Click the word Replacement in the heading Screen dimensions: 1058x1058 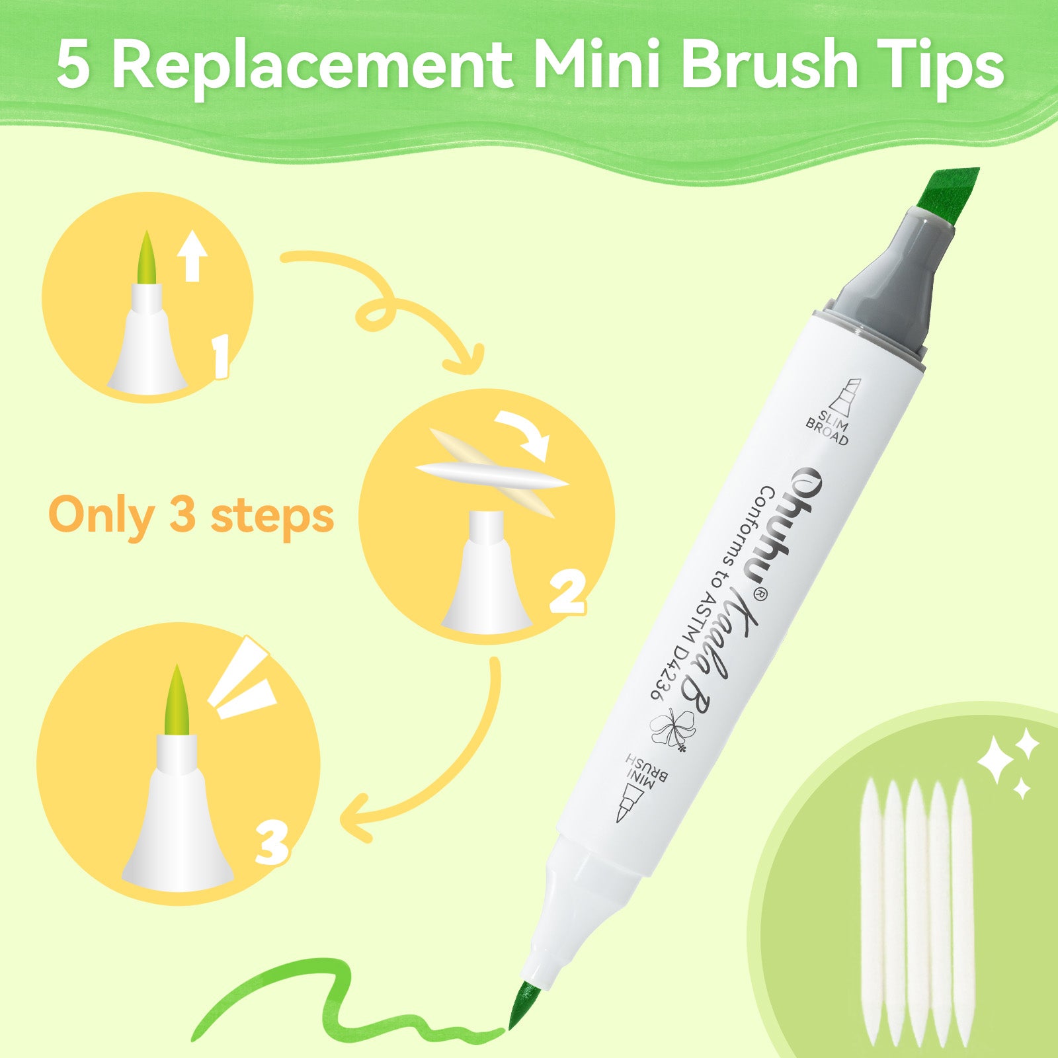tap(313, 65)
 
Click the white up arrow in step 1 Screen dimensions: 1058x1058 tap(192, 256)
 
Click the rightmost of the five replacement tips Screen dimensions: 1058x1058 tap(963, 913)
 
